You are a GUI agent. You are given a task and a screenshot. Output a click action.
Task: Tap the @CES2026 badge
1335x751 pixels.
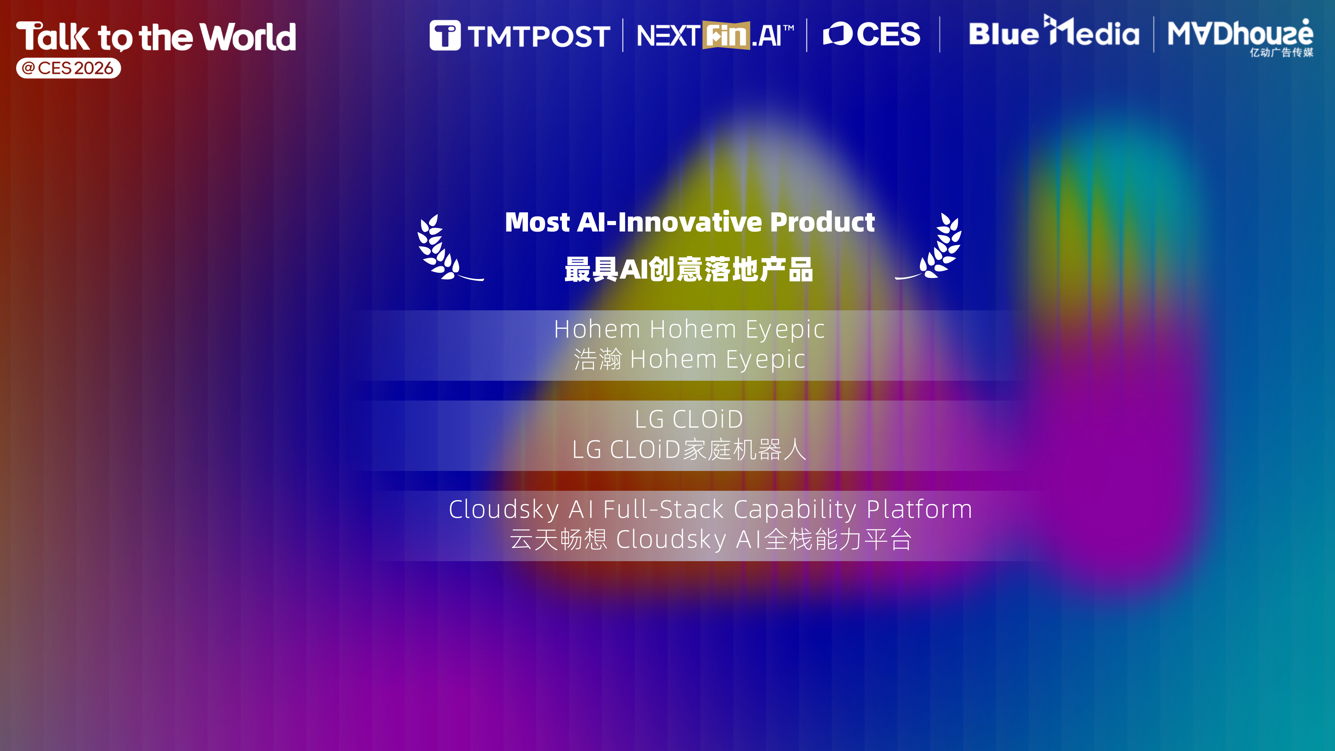click(68, 68)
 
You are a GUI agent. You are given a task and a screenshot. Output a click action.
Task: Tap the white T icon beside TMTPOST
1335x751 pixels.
click(445, 35)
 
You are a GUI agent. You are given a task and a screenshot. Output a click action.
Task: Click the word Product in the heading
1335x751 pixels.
click(822, 222)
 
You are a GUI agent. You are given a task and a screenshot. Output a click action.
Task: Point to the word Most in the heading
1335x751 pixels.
click(537, 222)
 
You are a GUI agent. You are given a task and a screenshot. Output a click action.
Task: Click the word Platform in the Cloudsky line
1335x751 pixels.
click(919, 509)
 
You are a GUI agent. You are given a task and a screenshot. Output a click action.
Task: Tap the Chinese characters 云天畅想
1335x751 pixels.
click(558, 539)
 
